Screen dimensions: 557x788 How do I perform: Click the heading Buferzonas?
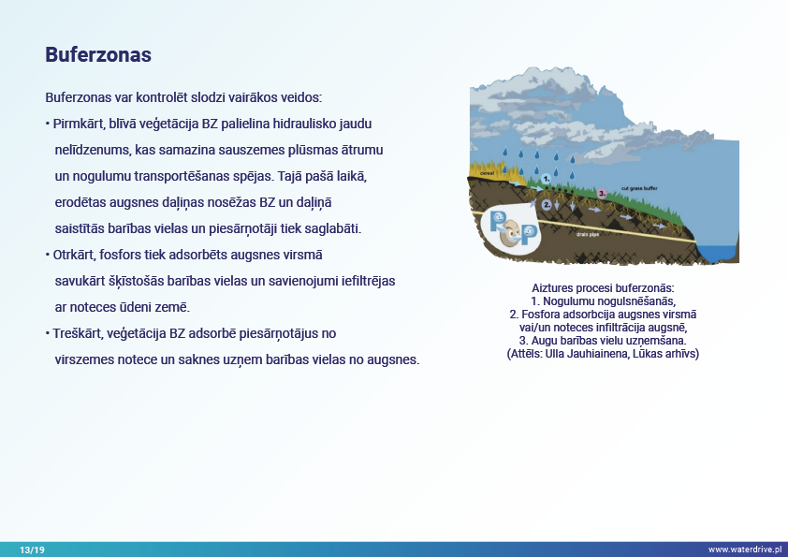(x=98, y=55)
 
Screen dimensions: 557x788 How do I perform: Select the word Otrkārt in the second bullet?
(x=74, y=255)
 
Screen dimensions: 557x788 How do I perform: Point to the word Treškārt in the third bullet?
(x=77, y=333)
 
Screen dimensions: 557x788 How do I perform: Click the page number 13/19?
(x=32, y=550)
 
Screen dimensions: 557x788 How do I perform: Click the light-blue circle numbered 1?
(x=546, y=178)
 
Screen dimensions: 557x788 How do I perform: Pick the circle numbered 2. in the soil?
(x=547, y=203)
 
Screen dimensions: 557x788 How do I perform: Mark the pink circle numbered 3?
(x=602, y=192)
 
